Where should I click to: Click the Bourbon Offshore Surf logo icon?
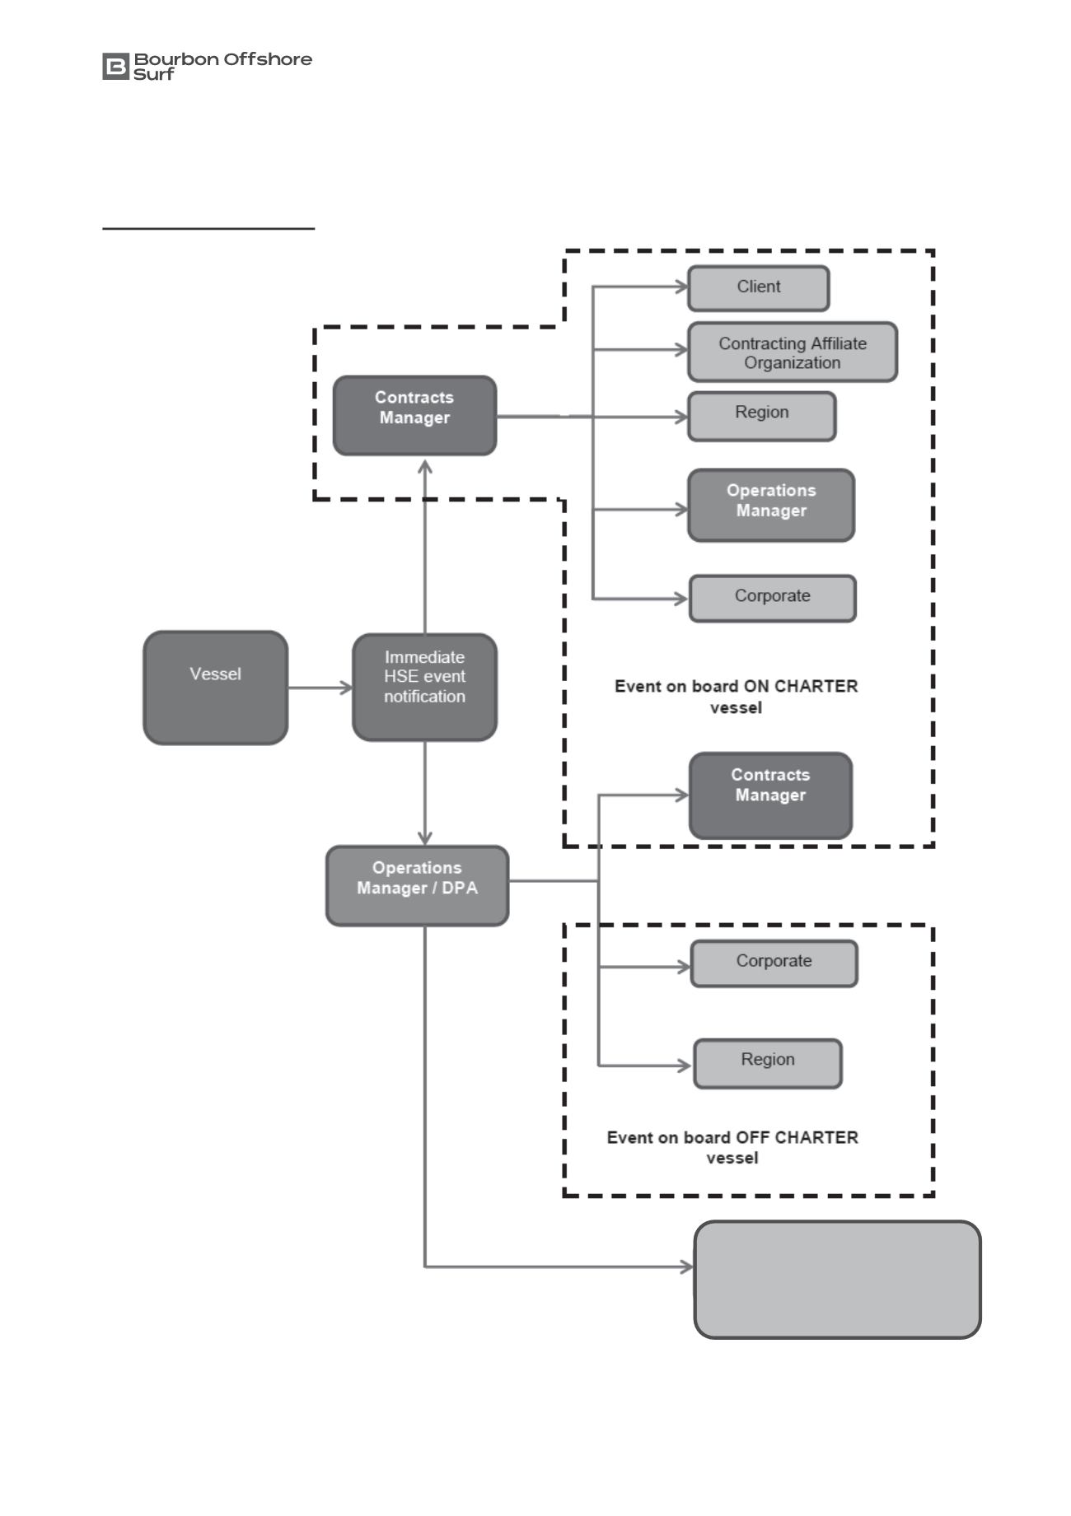coord(116,67)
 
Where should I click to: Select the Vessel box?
coord(216,688)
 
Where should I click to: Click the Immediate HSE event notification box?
coord(424,687)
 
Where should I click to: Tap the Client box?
coord(759,288)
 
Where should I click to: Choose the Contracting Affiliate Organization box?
coord(793,352)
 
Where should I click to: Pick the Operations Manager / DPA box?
coord(417,885)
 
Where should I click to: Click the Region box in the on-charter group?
coord(762,416)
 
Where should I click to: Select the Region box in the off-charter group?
coord(768,1063)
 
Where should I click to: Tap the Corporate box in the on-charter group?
coord(773,598)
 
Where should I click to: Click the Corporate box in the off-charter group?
coord(774,963)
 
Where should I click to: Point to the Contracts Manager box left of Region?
coord(414,415)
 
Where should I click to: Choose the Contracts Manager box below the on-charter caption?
coord(770,795)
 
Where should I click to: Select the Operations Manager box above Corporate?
coord(771,505)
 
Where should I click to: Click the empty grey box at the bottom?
coord(837,1279)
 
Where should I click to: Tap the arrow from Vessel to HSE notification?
coord(320,687)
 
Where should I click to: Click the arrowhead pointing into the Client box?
coord(682,287)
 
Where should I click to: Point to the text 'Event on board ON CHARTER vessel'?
coord(737,697)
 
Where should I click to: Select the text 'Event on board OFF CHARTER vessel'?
coord(732,1147)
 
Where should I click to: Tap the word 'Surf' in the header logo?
coord(154,74)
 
